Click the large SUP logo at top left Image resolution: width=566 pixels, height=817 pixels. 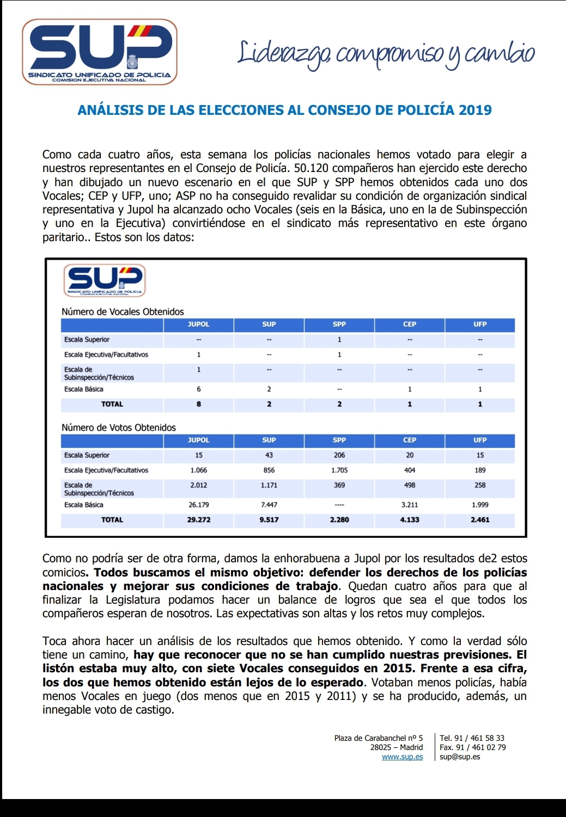100,52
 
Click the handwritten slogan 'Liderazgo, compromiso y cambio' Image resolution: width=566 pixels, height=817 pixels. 386,54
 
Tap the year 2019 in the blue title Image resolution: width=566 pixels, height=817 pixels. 475,110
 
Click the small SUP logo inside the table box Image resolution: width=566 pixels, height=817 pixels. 105,280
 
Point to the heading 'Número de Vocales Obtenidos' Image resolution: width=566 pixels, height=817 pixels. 123,312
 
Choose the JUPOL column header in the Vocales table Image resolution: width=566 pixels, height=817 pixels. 198,324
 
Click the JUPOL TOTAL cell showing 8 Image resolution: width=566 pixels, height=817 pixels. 198,404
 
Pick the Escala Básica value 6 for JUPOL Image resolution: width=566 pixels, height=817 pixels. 198,389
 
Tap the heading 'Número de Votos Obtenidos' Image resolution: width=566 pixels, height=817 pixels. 119,428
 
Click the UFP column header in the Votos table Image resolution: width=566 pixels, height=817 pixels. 480,440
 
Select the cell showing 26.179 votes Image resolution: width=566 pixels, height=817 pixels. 198,505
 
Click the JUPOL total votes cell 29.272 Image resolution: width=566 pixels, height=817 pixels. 198,520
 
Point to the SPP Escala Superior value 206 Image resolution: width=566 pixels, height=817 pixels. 339,456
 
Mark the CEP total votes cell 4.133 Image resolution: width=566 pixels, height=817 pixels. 410,520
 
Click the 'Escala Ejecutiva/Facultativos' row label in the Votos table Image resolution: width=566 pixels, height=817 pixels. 106,470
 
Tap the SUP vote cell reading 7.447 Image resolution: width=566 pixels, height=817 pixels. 269,505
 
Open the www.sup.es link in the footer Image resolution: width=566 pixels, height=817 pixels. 402,757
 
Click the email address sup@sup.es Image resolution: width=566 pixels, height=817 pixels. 460,757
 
